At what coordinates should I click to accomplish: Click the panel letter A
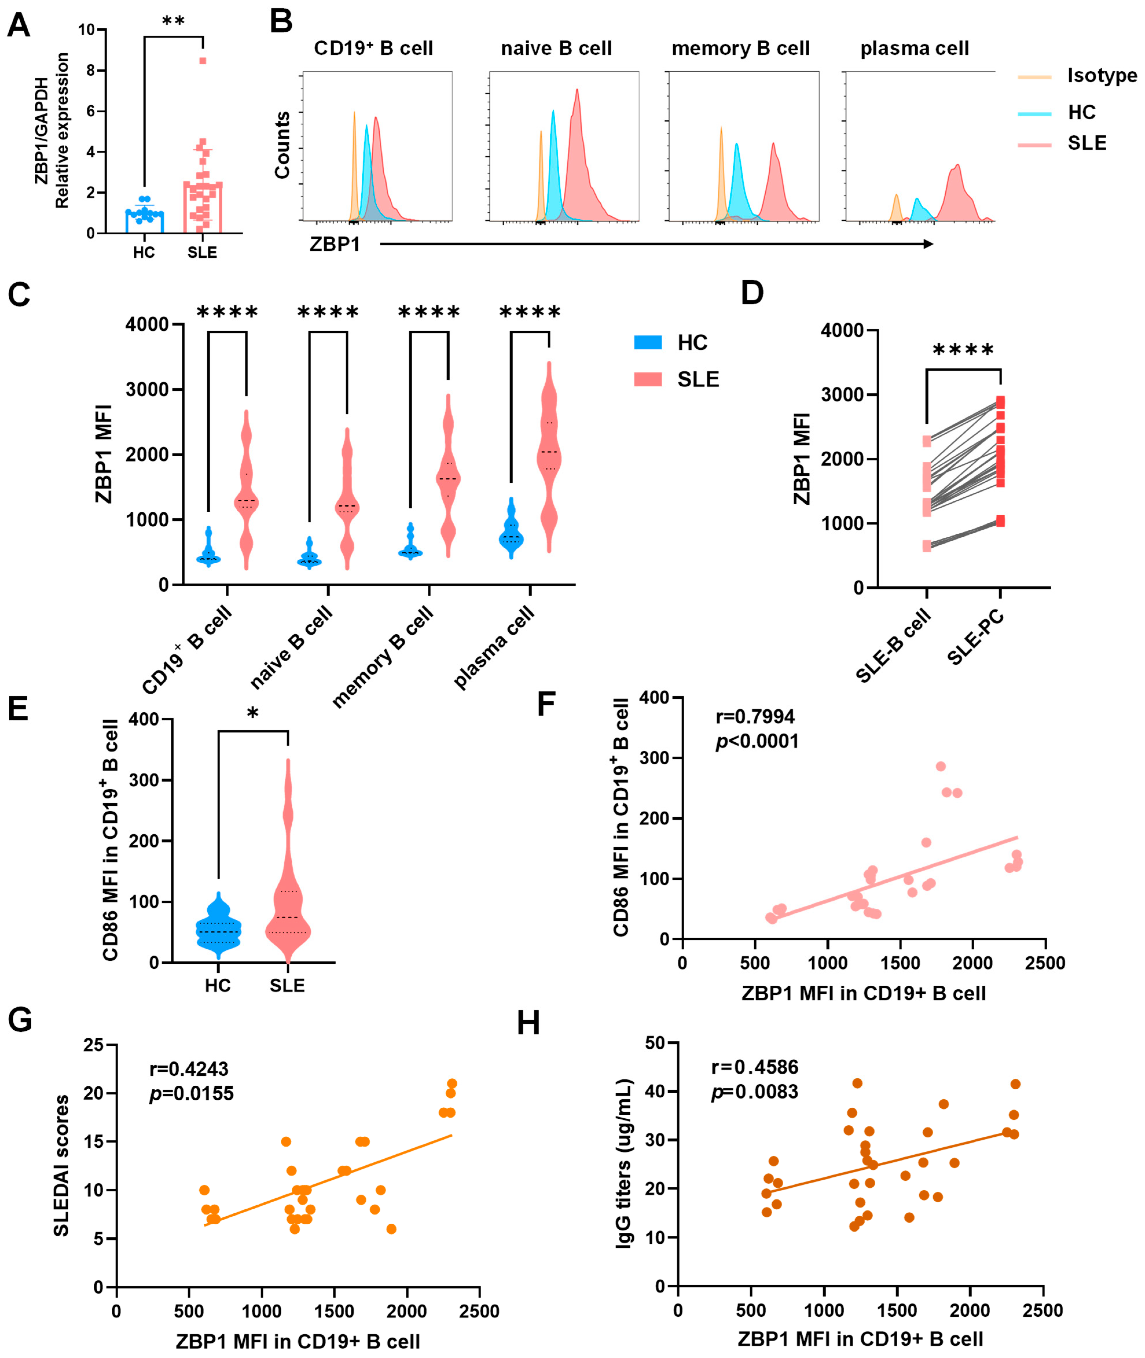coord(18,26)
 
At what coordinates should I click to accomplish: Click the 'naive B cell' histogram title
coord(556,49)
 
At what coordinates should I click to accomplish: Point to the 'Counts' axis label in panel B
coord(282,145)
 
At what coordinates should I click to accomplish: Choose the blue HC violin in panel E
coord(218,931)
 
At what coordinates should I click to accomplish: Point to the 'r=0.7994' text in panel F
coord(755,717)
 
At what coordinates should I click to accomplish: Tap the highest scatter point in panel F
coord(940,766)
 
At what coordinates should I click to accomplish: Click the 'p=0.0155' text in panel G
coord(192,1094)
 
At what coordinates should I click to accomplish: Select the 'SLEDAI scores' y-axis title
coord(62,1165)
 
